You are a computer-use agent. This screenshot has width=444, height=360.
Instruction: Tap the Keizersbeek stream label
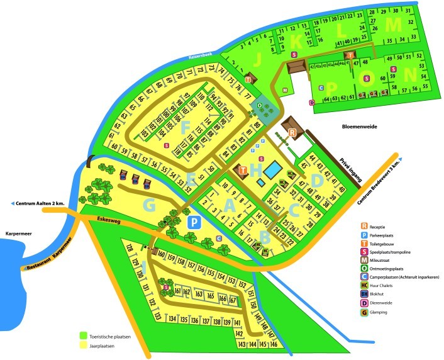coord(202,57)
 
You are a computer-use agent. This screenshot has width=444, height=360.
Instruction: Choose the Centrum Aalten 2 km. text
coord(37,204)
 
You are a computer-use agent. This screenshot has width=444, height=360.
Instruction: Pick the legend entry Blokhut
coord(385,293)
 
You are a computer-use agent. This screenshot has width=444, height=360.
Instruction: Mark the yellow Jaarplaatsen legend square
coord(83,346)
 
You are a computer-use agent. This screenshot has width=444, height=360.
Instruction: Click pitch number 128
coord(129,247)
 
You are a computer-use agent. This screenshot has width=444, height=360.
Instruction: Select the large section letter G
coord(149,205)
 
